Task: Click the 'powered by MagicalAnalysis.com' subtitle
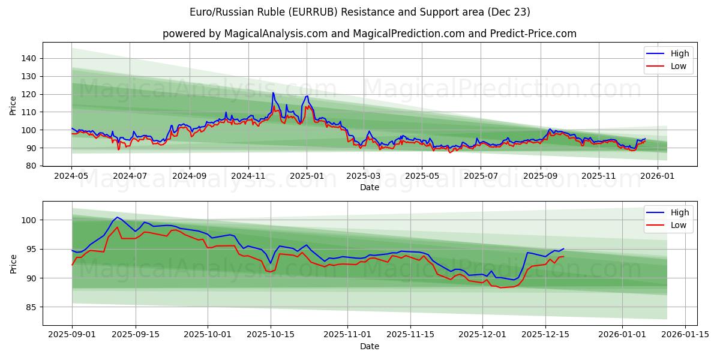[369, 34]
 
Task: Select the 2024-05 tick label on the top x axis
[71, 176]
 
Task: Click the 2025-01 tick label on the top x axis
[307, 176]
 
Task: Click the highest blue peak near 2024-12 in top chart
[273, 92]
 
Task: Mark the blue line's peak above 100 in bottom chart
[117, 217]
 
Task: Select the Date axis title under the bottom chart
[369, 346]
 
